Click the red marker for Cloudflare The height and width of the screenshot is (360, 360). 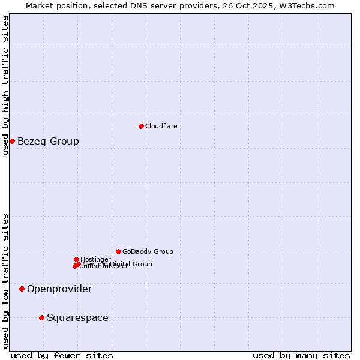[x=141, y=126]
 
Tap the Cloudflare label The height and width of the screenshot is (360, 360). [x=161, y=126]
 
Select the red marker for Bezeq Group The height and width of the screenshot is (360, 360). [x=12, y=141]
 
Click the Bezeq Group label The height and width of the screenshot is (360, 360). [x=48, y=142]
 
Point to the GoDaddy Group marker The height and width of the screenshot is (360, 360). [x=118, y=251]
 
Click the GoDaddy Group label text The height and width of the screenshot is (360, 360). [x=148, y=251]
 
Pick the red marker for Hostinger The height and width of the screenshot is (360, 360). [x=76, y=259]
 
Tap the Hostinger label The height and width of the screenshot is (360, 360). [x=95, y=259]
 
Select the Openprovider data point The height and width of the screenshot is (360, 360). [x=22, y=289]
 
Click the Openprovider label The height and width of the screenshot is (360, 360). [x=59, y=289]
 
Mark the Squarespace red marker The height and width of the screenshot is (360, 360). [x=41, y=317]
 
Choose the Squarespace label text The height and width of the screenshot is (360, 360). [x=77, y=318]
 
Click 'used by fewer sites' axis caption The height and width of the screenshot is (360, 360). [x=62, y=355]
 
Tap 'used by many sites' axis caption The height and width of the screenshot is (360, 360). [x=301, y=355]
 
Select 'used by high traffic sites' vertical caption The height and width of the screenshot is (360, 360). [x=5, y=85]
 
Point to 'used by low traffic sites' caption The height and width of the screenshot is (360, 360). [x=5, y=280]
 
